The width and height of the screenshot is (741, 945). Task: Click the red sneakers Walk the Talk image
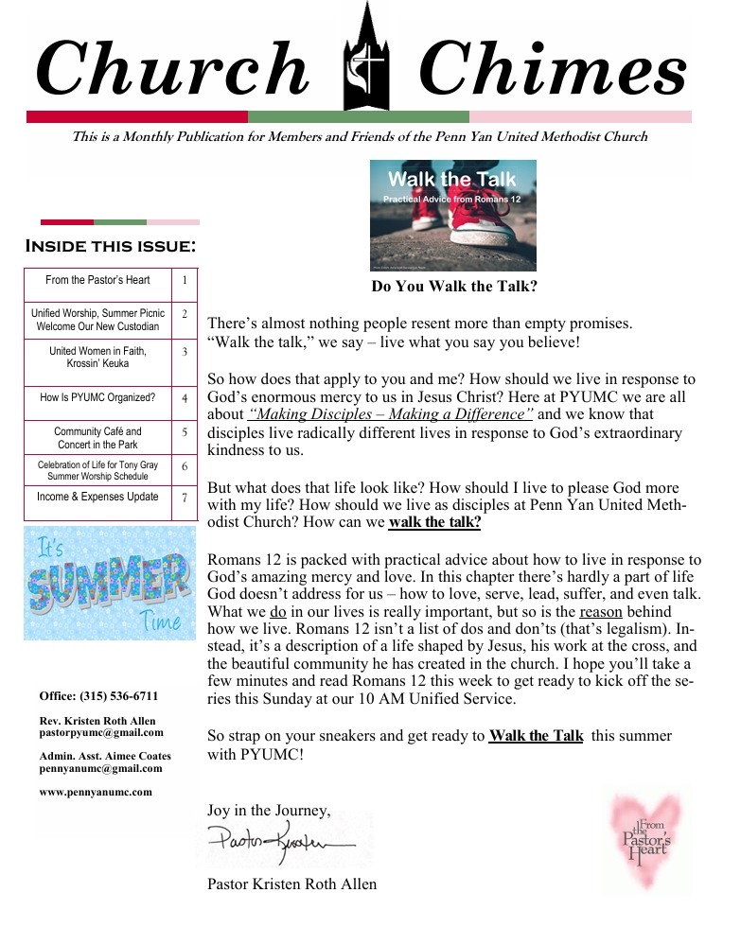[x=452, y=215]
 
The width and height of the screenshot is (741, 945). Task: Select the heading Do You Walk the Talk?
[x=454, y=286]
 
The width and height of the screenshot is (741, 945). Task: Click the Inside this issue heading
[x=111, y=248]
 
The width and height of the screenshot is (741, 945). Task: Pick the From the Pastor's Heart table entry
[x=97, y=280]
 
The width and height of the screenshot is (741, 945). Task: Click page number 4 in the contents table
[x=185, y=399]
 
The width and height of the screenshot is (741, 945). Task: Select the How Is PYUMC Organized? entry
[x=97, y=398]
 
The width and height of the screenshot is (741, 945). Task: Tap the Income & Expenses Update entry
[x=97, y=497]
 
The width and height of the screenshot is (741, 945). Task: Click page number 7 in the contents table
[x=185, y=498]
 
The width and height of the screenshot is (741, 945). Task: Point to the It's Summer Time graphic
[x=110, y=583]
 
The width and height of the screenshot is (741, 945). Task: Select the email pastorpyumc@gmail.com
[x=101, y=732]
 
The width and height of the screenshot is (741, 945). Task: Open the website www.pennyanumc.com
[x=96, y=792]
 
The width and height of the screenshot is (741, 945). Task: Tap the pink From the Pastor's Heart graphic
[x=646, y=839]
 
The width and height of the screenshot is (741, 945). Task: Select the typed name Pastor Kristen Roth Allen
[x=291, y=884]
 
